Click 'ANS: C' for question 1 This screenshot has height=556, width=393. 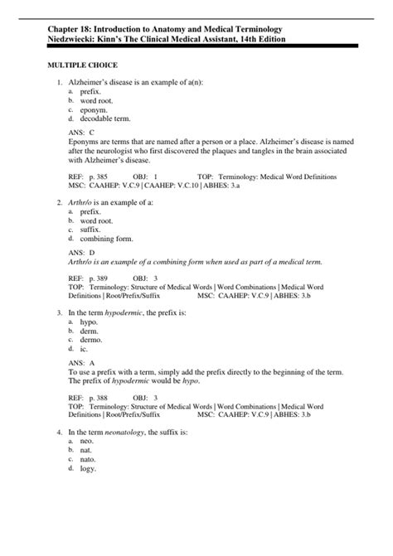(81, 132)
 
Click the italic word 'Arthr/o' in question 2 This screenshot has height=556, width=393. (80, 202)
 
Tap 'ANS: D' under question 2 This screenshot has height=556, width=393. (81, 251)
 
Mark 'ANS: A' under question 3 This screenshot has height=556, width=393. (81, 362)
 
